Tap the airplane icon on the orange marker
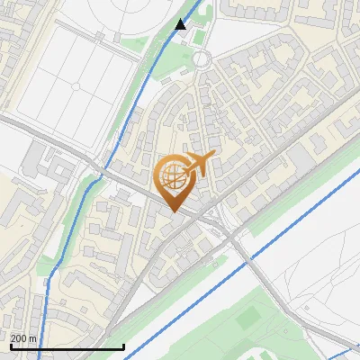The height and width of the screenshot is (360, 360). point(196,164)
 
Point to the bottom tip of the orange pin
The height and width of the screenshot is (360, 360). point(174,211)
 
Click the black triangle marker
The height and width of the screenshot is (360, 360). point(181,24)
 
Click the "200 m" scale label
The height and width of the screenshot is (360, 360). point(23,338)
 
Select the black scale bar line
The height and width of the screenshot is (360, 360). point(67,346)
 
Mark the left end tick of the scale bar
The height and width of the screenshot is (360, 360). point(10,346)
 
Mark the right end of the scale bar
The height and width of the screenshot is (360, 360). point(123,346)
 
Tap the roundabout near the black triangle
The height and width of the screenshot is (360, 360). point(201,59)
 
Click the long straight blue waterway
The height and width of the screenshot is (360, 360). point(270,243)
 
